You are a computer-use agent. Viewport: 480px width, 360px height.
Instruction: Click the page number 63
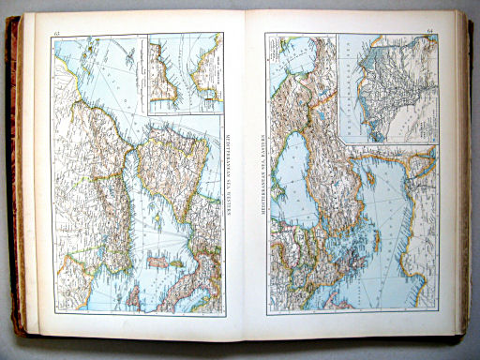58,35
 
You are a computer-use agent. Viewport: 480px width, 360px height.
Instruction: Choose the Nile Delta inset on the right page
387,88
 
